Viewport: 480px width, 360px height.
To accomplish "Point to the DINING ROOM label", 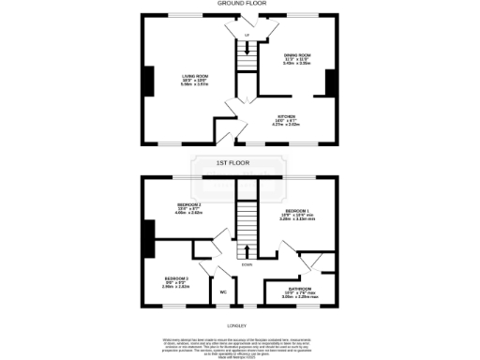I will pyautogui.click(x=298, y=55).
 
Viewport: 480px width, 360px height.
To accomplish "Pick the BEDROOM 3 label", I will pyautogui.click(x=177, y=279).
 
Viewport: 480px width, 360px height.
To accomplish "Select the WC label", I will pyautogui.click(x=223, y=292).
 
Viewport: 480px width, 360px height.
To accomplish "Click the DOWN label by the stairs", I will pyautogui.click(x=246, y=265).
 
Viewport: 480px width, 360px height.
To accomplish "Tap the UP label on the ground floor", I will pyautogui.click(x=247, y=36).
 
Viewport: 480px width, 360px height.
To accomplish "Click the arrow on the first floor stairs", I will pyautogui.click(x=247, y=249).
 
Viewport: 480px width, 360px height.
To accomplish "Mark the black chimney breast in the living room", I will pyautogui.click(x=148, y=81).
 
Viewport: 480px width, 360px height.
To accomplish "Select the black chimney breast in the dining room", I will pyautogui.click(x=329, y=82).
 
